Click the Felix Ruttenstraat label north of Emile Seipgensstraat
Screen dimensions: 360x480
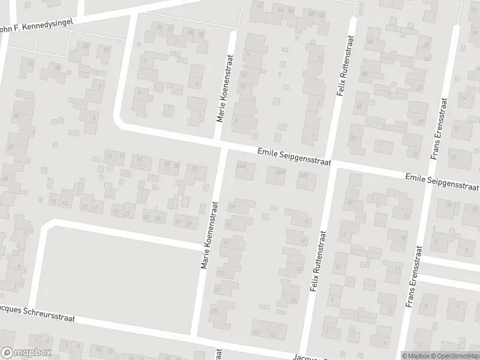tap(344, 66)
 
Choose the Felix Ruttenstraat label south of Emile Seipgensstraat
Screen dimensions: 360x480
tap(318, 261)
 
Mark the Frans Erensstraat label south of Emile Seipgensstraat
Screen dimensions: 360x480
tap(413, 277)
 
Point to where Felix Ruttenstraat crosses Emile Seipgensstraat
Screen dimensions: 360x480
tap(332, 163)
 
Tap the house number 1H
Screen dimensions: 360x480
tap(232, 206)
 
